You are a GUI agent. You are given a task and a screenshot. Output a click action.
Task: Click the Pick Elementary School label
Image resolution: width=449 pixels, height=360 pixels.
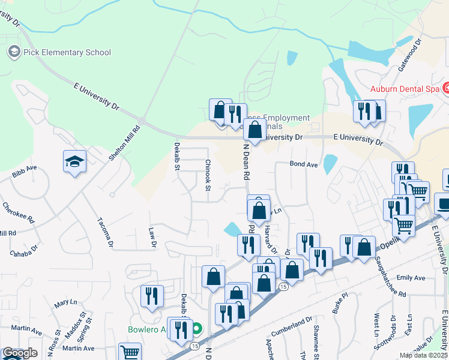pyautogui.click(x=67, y=52)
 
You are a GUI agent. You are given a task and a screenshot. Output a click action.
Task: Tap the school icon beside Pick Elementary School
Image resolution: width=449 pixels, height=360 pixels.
pyautogui.click(x=14, y=52)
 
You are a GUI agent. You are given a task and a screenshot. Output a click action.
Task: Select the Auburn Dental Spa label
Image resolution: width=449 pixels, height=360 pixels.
pyautogui.click(x=405, y=89)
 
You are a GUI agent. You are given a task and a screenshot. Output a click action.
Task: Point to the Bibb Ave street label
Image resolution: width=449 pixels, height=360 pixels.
pyautogui.click(x=24, y=175)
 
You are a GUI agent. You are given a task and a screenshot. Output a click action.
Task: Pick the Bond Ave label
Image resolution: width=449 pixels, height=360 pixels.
pyautogui.click(x=303, y=164)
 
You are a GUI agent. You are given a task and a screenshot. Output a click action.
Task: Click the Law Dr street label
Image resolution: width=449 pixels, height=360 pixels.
pyautogui.click(x=152, y=238)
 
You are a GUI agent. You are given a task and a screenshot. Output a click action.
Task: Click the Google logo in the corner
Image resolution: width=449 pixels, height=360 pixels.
pyautogui.click(x=19, y=353)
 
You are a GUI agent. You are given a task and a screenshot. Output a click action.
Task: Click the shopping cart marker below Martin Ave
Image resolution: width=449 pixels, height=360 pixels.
pyautogui.click(x=129, y=352)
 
